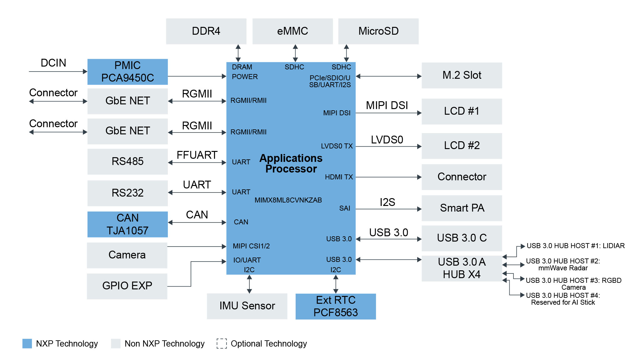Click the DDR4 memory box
pyautogui.click(x=206, y=31)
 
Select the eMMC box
pyautogui.click(x=292, y=31)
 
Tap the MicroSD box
pyautogui.click(x=378, y=31)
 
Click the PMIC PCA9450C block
pyautogui.click(x=127, y=72)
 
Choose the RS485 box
pyautogui.click(x=127, y=162)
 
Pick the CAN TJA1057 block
pyautogui.click(x=127, y=224)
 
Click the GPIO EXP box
pyautogui.click(x=127, y=286)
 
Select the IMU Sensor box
pyautogui.click(x=247, y=306)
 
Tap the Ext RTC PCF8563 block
pyautogui.click(x=336, y=306)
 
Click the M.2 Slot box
pyautogui.click(x=462, y=75)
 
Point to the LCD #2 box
pyautogui.click(x=462, y=146)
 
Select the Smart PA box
pyautogui.click(x=462, y=208)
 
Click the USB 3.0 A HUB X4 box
pyautogui.click(x=462, y=268)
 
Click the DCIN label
pyautogui.click(x=53, y=63)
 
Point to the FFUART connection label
pyautogui.click(x=197, y=155)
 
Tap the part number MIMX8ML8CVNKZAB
pyautogui.click(x=288, y=200)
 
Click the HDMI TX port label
pyautogui.click(x=339, y=177)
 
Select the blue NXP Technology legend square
pyautogui.click(x=27, y=343)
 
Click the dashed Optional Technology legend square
pyautogui.click(x=222, y=343)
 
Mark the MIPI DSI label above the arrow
pyautogui.click(x=387, y=106)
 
